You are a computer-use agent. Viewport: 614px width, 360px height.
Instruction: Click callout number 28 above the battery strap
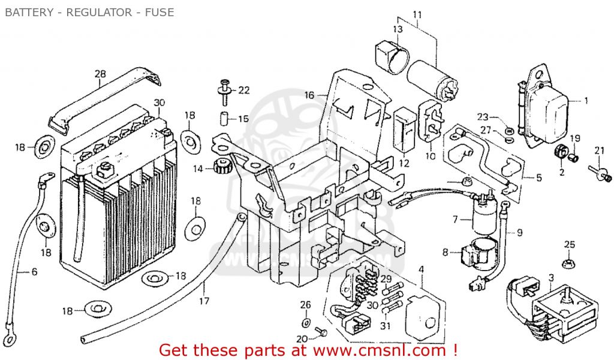tap(100, 74)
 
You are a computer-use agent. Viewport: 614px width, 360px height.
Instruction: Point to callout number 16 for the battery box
tap(309, 95)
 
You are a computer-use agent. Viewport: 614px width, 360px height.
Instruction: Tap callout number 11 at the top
tap(417, 14)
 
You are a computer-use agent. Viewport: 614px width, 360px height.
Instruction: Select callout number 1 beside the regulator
tap(586, 100)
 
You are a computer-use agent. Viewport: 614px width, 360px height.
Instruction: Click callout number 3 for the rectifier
tap(551, 277)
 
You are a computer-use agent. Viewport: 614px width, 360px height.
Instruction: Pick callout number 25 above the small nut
tap(570, 245)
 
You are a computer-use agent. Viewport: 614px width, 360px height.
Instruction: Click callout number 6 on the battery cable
tap(34, 272)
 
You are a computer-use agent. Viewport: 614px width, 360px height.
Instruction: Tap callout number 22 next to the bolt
tap(243, 90)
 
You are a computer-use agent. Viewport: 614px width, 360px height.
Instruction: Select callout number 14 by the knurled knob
tap(198, 169)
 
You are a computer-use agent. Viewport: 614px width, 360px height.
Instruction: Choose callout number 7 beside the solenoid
tap(455, 220)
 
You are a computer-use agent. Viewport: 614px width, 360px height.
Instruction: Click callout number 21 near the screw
tap(599, 150)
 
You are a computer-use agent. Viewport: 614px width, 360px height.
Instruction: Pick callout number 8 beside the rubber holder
tap(446, 253)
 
